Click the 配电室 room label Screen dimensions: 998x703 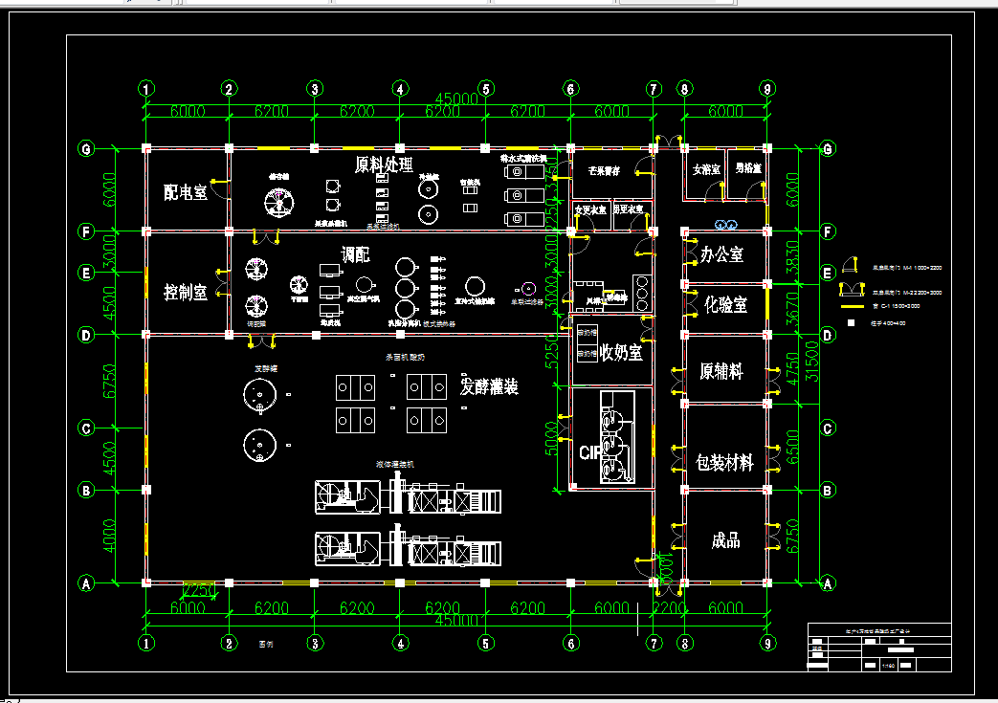(185, 192)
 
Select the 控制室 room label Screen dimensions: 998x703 (185, 293)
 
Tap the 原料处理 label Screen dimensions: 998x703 (384, 165)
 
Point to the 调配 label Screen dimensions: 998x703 (356, 255)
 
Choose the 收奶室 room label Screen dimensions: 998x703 (621, 353)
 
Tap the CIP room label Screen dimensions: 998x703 (589, 451)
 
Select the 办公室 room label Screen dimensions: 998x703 (722, 254)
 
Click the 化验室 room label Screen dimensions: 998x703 (725, 304)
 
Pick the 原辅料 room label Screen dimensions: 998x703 (721, 370)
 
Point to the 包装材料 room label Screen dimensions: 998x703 (724, 463)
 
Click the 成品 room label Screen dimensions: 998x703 (725, 540)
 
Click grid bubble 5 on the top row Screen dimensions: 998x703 (486, 89)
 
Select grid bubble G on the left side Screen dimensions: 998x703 (87, 149)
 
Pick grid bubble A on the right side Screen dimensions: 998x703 (828, 582)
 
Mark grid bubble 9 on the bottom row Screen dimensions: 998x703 (767, 644)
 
